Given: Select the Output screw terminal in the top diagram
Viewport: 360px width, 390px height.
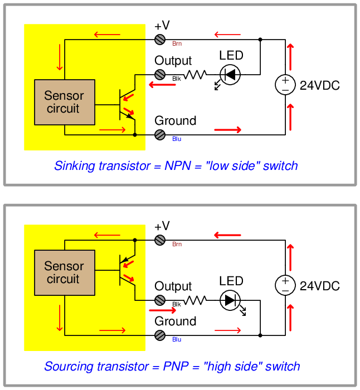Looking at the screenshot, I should [x=160, y=74].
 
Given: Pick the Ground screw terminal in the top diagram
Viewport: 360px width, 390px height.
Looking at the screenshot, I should [x=160, y=134].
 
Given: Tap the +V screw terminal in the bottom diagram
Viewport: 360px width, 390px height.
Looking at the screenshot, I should [x=160, y=240].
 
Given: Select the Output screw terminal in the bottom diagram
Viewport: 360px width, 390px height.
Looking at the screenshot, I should [x=160, y=300].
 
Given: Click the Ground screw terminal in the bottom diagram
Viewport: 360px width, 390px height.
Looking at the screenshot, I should [x=160, y=335].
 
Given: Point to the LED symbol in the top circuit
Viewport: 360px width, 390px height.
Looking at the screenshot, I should [x=229, y=74].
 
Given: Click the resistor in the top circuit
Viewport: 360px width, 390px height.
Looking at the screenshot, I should [x=195, y=74].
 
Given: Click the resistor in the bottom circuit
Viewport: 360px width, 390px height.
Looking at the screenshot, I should [x=195, y=300].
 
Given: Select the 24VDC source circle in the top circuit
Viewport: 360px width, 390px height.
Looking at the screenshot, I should [x=285, y=85].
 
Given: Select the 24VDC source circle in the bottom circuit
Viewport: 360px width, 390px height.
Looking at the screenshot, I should [x=285, y=286].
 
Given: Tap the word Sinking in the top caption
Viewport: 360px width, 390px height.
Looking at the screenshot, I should [x=74, y=166].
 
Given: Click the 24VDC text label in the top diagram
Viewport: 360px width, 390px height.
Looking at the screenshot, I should [x=319, y=86].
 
